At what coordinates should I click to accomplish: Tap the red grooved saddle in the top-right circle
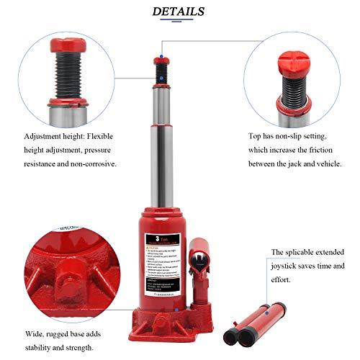click(x=290, y=54)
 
